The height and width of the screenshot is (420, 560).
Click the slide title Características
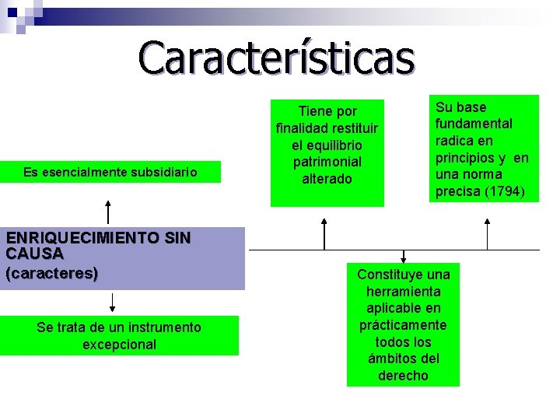277,58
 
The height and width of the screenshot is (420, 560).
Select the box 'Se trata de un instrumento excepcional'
119,336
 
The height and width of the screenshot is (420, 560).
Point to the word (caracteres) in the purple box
51,273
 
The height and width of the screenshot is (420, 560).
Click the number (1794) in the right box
502,191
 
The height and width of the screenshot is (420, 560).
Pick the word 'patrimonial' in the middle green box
327,162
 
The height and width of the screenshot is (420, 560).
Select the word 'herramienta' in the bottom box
403,292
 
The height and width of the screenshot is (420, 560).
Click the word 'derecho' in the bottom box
403,376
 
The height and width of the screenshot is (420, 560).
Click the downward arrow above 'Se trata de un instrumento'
114,303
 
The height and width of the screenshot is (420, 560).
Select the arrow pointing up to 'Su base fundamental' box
487,233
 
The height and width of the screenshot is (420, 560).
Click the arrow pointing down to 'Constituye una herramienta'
404,256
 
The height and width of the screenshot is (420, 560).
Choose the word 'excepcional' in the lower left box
119,345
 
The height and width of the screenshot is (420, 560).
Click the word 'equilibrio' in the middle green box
327,145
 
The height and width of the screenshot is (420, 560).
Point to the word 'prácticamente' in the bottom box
403,325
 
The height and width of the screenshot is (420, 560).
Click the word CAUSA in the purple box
34,254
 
